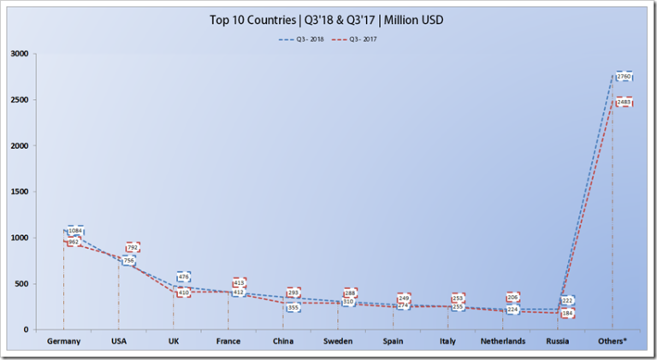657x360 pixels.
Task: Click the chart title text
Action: [x=328, y=19]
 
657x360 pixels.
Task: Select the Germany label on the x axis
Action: [x=63, y=341]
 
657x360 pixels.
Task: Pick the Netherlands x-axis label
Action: [x=504, y=341]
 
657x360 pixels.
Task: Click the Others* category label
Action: [x=613, y=341]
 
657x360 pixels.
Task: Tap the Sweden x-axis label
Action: [x=339, y=341]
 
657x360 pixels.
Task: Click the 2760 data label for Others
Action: [x=624, y=77]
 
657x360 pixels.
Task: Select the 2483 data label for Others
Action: [x=624, y=102]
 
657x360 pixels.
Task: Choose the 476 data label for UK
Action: [x=183, y=277]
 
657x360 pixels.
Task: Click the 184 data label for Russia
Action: [x=567, y=313]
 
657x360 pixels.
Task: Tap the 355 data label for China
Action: [x=293, y=307]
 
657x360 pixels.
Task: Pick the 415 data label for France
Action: [x=240, y=282]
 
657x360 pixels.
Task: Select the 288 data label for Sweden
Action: [x=349, y=293]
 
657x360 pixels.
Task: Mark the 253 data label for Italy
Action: [x=459, y=298]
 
